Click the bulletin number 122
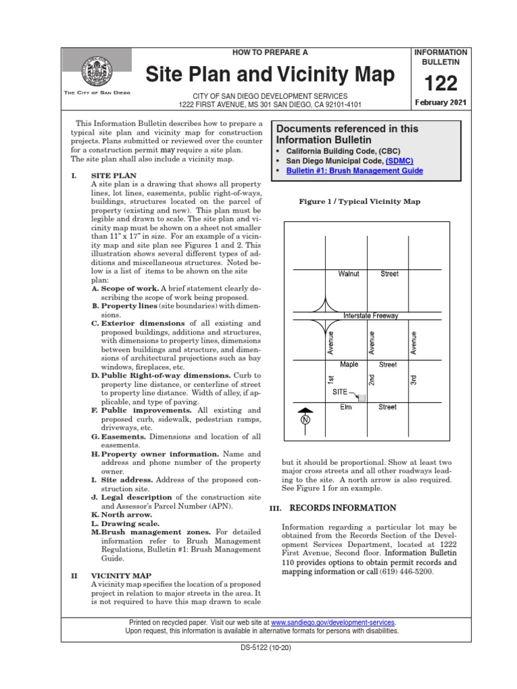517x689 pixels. pos(440,83)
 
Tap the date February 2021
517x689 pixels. pos(440,103)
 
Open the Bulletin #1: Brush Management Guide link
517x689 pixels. pos(354,172)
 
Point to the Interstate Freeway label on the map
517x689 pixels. pos(371,316)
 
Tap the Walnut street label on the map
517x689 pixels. pos(349,274)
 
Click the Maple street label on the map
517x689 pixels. pos(349,365)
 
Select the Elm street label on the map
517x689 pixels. pos(347,407)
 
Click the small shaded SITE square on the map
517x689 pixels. pos(362,398)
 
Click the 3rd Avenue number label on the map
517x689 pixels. pos(414,381)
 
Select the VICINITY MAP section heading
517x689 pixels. pos(121,576)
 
